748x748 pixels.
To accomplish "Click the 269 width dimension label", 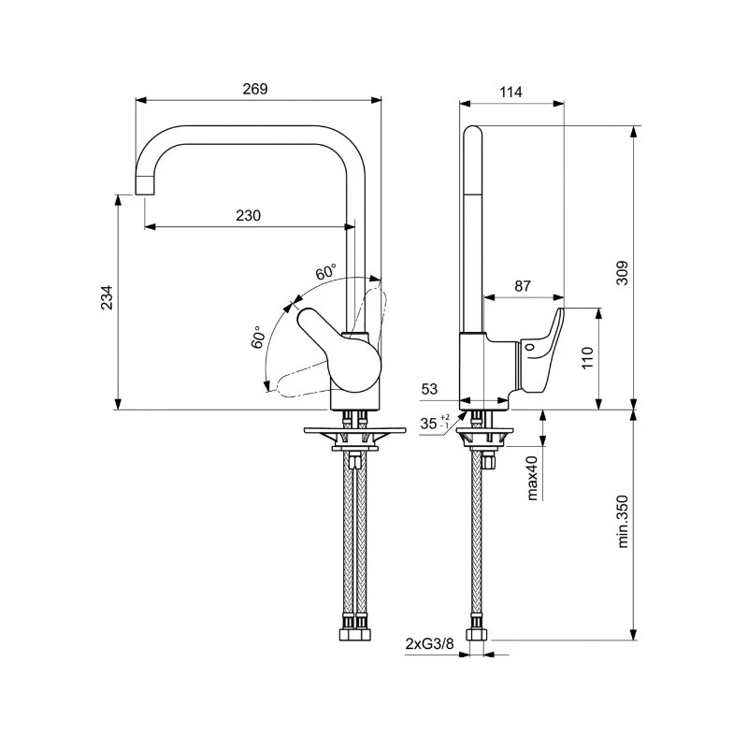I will [254, 89].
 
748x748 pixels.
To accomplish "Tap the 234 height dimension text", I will [108, 297].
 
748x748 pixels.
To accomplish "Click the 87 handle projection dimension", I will [524, 286].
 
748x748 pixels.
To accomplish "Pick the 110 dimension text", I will [588, 358].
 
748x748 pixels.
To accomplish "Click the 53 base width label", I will [430, 388].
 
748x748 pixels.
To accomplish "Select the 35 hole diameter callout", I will [431, 423].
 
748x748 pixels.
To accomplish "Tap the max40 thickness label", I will [532, 477].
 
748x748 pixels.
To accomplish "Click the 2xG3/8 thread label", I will [429, 643].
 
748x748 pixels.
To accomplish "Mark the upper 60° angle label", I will [325, 273].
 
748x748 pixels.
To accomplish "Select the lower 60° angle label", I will [257, 338].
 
